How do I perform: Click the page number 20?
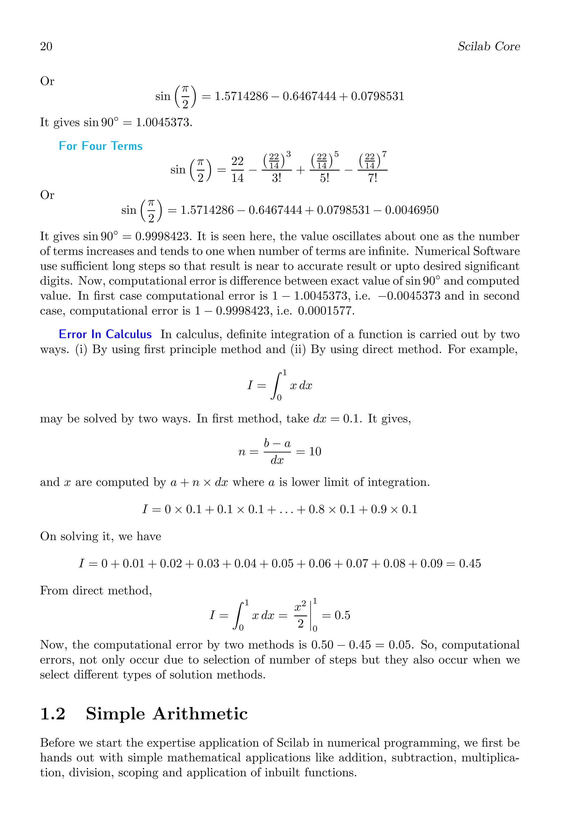coord(46,47)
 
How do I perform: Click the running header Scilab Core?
coord(489,47)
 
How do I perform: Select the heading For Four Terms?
coord(100,146)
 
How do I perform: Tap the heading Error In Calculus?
coord(105,334)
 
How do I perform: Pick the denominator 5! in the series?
coord(324,178)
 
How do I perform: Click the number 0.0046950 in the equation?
coord(412,210)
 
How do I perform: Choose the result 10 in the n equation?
coord(315,451)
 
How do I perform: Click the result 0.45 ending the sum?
coord(470,563)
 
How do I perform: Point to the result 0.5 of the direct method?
coord(342,615)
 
